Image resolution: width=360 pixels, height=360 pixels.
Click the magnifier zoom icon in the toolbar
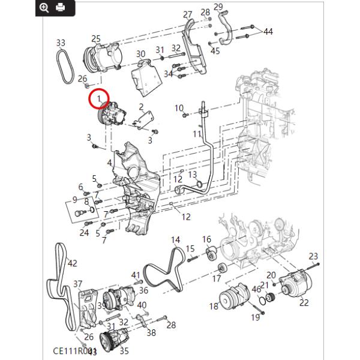click(x=44, y=7)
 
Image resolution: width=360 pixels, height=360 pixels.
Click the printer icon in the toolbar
click(x=60, y=7)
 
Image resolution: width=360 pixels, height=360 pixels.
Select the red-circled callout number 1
click(x=99, y=97)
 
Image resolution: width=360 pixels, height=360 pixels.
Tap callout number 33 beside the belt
click(x=60, y=43)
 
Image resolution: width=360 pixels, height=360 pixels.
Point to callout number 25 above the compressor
click(x=95, y=38)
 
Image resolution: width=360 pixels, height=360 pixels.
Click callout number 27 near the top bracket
click(x=187, y=14)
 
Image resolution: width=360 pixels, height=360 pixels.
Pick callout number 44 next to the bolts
click(x=268, y=31)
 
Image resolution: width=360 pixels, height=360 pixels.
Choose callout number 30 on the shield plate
click(x=140, y=54)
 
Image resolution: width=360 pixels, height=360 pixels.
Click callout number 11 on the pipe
click(x=197, y=133)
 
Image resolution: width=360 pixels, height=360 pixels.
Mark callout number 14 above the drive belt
click(x=175, y=240)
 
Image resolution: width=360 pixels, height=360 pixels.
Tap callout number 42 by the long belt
click(x=73, y=263)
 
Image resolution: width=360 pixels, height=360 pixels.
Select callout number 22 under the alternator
click(x=304, y=302)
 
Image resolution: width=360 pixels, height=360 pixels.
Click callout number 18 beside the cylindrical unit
click(x=214, y=307)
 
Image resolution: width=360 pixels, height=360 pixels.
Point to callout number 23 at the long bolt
click(x=313, y=256)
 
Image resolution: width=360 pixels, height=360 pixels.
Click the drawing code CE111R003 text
click(x=74, y=351)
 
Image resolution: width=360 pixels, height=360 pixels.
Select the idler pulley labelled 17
click(x=223, y=268)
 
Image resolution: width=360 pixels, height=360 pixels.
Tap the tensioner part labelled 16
click(x=210, y=256)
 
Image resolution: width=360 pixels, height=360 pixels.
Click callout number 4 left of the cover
click(x=110, y=163)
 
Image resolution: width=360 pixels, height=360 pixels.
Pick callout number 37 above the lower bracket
click(x=77, y=284)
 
